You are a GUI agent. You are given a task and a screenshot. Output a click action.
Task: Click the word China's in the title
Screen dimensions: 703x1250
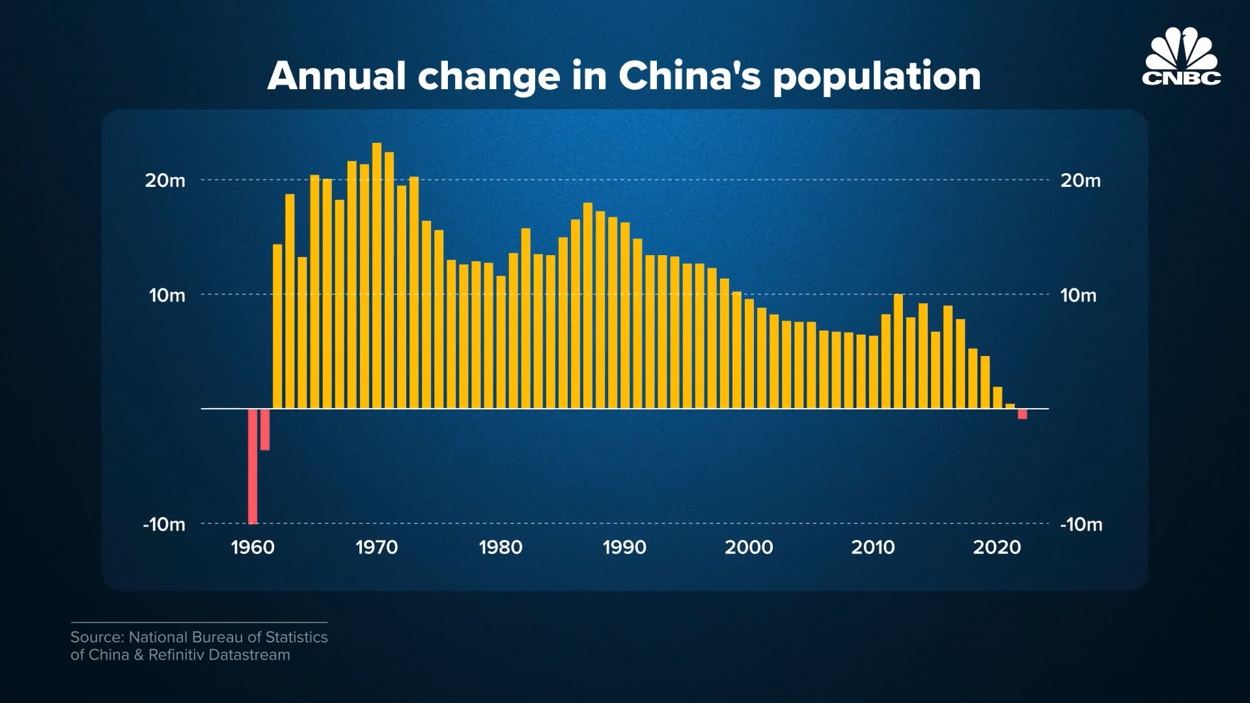[x=689, y=76]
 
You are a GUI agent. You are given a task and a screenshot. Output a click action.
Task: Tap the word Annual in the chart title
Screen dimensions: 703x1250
[x=337, y=76]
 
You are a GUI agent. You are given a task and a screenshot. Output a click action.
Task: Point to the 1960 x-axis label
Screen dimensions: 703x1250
[x=253, y=547]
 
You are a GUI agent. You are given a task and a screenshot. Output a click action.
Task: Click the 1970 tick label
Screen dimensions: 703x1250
[x=376, y=547]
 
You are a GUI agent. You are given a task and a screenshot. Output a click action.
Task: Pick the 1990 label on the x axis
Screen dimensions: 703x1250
[x=624, y=547]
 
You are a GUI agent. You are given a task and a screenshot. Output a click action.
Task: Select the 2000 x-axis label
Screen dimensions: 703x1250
[x=749, y=547]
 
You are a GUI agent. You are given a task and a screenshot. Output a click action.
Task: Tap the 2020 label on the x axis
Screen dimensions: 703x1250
[x=997, y=547]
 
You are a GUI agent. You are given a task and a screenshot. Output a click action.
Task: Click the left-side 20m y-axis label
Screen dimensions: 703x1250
[x=165, y=180]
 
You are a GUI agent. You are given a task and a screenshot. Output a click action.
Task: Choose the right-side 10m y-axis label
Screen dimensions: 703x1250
[x=1078, y=296]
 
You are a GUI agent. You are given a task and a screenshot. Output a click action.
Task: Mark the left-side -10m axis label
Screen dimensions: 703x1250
[x=164, y=524]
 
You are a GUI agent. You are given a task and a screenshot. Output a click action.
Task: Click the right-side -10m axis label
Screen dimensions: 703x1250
[x=1081, y=524]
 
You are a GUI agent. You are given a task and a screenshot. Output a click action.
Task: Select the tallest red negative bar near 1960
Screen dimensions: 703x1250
[x=253, y=466]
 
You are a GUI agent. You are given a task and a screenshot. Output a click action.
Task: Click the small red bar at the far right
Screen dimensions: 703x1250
[x=1022, y=414]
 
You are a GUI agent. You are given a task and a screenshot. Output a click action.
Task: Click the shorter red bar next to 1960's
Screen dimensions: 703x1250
[x=265, y=430]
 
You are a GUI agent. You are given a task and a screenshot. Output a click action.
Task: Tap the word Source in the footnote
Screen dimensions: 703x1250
[x=96, y=637]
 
